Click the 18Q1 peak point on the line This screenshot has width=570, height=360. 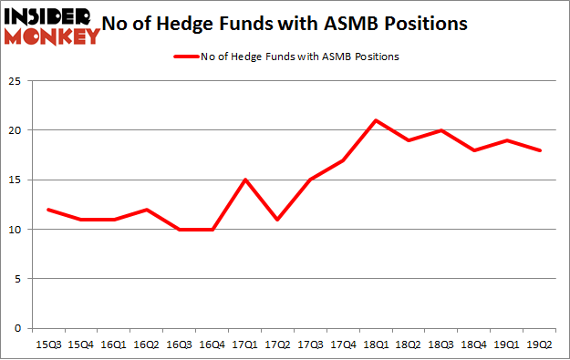coord(376,120)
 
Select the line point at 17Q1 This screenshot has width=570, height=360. coord(245,180)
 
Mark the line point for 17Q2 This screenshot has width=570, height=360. coord(278,220)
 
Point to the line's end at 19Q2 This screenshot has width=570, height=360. coord(540,150)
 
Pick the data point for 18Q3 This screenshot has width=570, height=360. coord(441,130)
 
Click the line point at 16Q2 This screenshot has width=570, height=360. coord(147,210)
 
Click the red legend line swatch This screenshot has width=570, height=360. coord(185,57)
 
